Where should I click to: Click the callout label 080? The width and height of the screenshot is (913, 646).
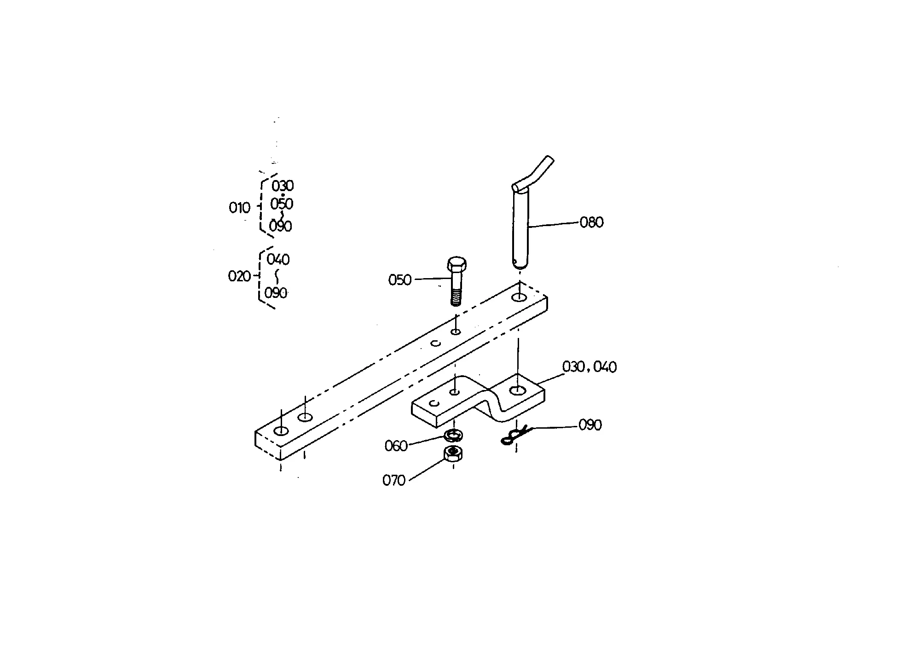tap(591, 222)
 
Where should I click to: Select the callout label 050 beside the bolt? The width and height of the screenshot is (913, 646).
tap(400, 280)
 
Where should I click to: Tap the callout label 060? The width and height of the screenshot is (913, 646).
tap(396, 446)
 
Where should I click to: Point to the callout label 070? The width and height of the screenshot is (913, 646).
tap(394, 481)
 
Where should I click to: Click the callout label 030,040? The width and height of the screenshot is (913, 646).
tap(589, 367)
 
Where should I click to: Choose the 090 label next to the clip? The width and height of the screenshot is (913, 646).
tap(590, 425)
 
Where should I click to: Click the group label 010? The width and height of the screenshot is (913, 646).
tap(239, 208)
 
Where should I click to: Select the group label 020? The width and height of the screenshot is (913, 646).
tap(239, 276)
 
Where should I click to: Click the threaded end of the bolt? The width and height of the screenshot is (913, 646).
tap(456, 298)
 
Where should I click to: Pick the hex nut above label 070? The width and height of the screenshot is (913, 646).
tap(453, 454)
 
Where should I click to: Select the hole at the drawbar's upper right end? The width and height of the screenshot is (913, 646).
tap(520, 297)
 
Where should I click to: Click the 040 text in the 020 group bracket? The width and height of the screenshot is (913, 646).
tap(278, 260)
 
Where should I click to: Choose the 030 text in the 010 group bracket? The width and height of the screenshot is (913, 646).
tap(283, 186)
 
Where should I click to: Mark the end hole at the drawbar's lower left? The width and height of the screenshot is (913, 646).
tap(281, 431)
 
